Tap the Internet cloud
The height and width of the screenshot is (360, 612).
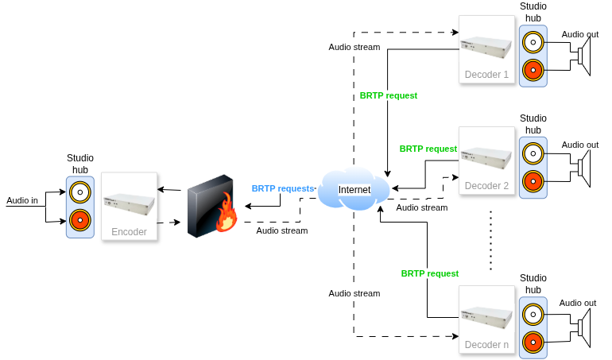click(x=354, y=190)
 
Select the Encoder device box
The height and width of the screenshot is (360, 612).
click(x=129, y=206)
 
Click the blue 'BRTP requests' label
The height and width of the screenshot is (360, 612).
click(x=283, y=189)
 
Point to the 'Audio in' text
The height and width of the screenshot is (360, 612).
click(x=22, y=200)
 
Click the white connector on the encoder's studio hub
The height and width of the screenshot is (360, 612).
click(x=79, y=192)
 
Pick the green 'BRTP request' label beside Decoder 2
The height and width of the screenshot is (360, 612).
click(x=428, y=149)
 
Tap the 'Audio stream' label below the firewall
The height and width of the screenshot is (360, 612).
click(x=281, y=231)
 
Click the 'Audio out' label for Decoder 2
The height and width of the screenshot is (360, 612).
click(x=579, y=145)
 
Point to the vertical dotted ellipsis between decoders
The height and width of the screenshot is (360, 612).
click(x=491, y=240)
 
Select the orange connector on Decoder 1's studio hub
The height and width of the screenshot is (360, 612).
click(x=533, y=70)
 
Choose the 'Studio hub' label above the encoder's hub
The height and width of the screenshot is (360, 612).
click(x=79, y=165)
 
